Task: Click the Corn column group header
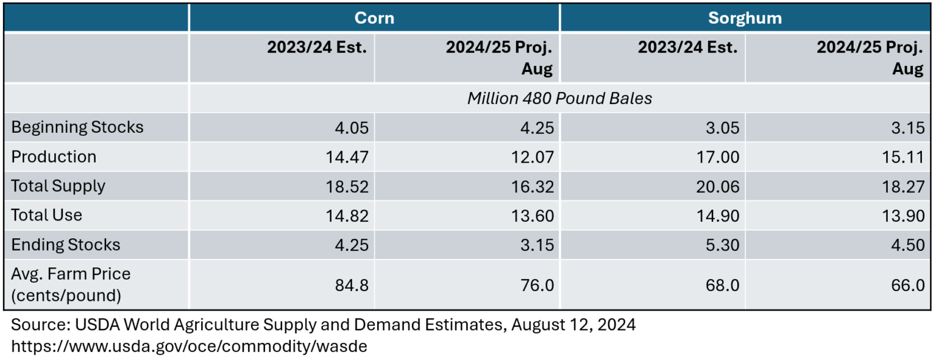[374, 18]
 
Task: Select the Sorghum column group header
[745, 18]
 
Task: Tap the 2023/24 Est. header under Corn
[317, 48]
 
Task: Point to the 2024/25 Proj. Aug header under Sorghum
[870, 58]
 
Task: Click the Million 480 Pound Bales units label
[559, 98]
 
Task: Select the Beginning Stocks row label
[77, 127]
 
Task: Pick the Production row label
[54, 157]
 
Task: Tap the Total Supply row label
[58, 186]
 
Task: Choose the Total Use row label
[46, 215]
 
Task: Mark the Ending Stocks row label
[66, 245]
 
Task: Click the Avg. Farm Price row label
[71, 284]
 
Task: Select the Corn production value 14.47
[348, 157]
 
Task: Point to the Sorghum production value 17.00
[719, 157]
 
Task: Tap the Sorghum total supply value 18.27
[904, 186]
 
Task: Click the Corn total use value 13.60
[533, 216]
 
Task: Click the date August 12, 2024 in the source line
[573, 325]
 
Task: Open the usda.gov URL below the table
[189, 346]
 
